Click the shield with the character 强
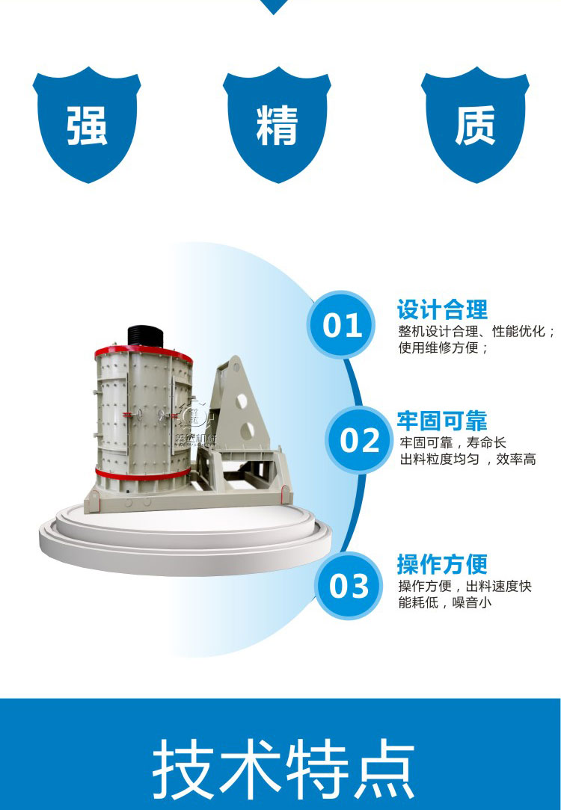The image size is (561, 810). tap(87, 125)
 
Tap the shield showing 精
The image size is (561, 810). tap(278, 125)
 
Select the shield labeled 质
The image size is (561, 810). tap(475, 125)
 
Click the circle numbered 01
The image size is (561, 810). tap(342, 325)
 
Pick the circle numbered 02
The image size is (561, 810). tap(359, 440)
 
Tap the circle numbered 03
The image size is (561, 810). tap(349, 586)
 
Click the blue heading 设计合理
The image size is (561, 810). tap(442, 309)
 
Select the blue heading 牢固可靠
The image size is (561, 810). tap(442, 421)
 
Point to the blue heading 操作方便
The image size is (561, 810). tap(442, 563)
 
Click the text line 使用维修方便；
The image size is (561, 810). tap(443, 347)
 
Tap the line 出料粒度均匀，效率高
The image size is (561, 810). tap(468, 460)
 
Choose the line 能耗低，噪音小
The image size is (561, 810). tap(444, 602)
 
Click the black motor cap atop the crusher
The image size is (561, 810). tap(145, 337)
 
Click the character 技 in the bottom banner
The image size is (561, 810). tap(182, 768)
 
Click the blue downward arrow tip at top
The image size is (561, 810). tap(274, 6)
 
